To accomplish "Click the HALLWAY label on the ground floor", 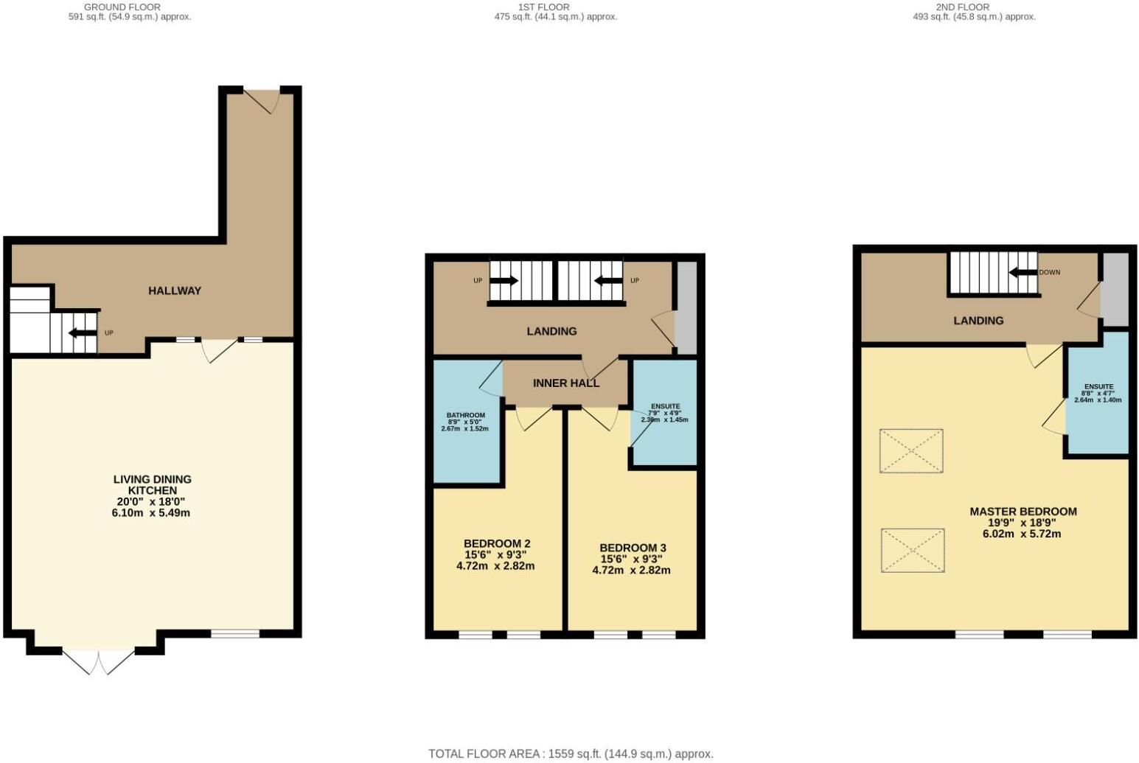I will tap(175, 290).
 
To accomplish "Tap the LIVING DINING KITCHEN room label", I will tap(152, 485).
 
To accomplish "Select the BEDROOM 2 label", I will tap(497, 544).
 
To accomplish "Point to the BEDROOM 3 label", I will tap(633, 548).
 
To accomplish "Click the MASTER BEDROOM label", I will tap(1023, 512).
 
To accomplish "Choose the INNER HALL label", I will tap(566, 383).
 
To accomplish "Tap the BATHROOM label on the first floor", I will tap(464, 415).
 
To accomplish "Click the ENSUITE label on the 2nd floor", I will tap(1098, 387).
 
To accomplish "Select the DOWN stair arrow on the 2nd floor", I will tap(1023, 272).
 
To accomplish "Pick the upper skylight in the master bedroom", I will tap(911, 450).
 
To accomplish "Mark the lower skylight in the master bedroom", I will tap(913, 550).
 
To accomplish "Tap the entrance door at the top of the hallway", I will tap(262, 100).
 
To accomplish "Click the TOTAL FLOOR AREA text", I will tap(571, 753).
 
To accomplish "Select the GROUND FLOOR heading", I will tap(122, 7).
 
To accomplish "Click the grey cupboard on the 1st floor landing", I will tap(686, 307).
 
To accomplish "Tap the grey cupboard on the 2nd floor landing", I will tap(1115, 289).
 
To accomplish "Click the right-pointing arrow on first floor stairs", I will tap(504, 281).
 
